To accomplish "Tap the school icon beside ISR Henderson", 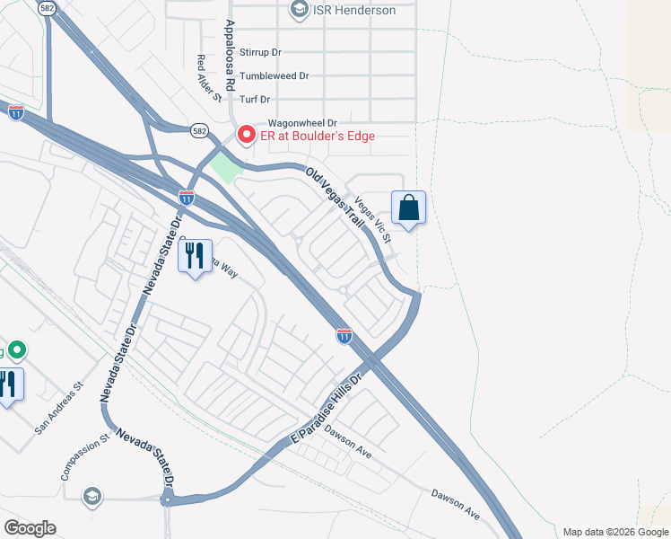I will [300, 10].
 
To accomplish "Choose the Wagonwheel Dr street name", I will [301, 123].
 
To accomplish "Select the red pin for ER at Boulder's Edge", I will [245, 135].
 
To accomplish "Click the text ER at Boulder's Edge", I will [317, 136].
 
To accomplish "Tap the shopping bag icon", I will [408, 208].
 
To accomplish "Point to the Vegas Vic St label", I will [372, 220].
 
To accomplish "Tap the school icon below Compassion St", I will [91, 495].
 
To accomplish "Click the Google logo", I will [30, 528].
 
